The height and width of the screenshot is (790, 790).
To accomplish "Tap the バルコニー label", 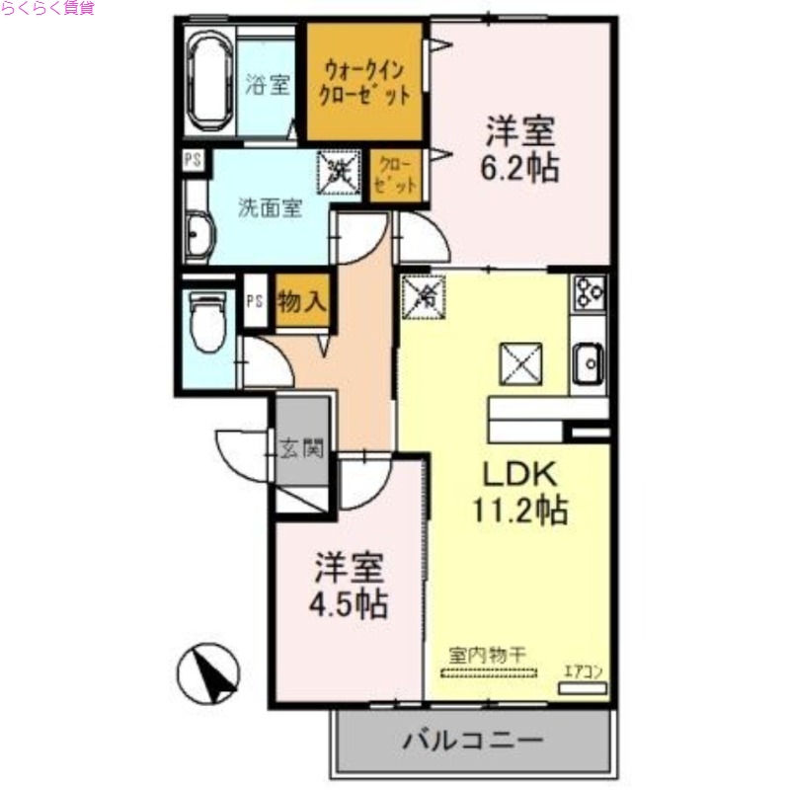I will pyautogui.click(x=474, y=741).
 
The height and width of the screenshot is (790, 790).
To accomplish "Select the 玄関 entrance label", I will pyautogui.click(x=301, y=449).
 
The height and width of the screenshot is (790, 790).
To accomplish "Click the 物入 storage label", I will pyautogui.click(x=301, y=301).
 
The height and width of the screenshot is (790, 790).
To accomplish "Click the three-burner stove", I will pyautogui.click(x=591, y=293).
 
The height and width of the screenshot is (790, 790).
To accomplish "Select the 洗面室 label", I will pyautogui.click(x=269, y=208).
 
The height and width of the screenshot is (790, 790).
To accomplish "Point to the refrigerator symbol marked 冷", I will pyautogui.click(x=425, y=295).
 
